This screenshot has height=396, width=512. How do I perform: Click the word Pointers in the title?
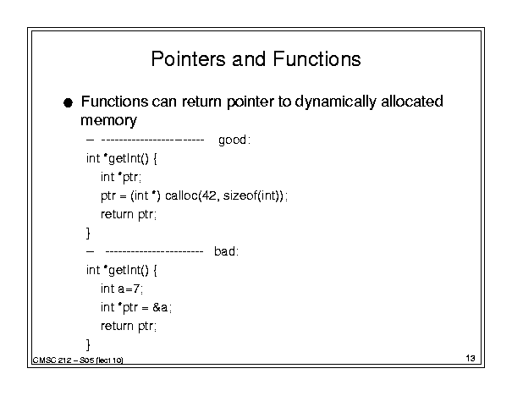click(x=188, y=59)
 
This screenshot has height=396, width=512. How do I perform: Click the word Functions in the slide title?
click(x=317, y=59)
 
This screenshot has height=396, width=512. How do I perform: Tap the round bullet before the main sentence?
click(x=68, y=103)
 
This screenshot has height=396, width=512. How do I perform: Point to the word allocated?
click(x=412, y=102)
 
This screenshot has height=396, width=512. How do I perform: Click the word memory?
click(x=108, y=121)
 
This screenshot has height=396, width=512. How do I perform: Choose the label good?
click(x=233, y=140)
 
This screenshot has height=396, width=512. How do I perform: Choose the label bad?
click(x=224, y=251)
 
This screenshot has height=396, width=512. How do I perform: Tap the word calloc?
click(x=182, y=195)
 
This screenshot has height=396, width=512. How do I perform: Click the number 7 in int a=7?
click(x=136, y=289)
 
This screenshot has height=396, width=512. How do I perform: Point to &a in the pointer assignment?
click(x=160, y=307)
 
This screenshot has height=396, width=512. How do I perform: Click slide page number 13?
click(x=471, y=359)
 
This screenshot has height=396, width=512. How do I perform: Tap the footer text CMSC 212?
click(x=52, y=360)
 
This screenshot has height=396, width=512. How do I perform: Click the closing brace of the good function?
click(x=88, y=233)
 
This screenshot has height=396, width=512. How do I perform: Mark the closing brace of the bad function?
click(x=88, y=344)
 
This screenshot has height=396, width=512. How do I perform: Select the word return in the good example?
click(x=117, y=214)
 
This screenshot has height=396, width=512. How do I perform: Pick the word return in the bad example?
click(x=117, y=326)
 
